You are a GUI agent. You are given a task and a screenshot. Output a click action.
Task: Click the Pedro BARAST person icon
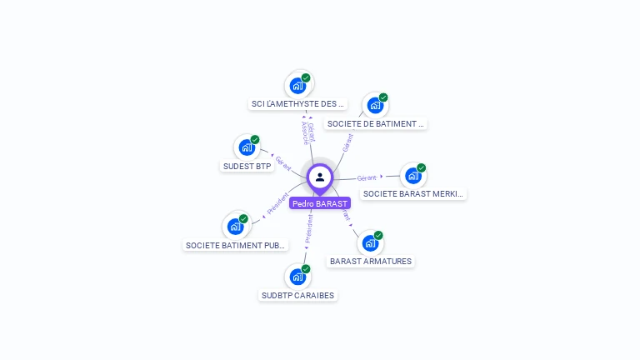[x=320, y=177]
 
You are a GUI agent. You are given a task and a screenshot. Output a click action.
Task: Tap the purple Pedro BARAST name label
[x=320, y=203]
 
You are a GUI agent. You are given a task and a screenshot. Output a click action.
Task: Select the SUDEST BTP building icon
[x=247, y=147]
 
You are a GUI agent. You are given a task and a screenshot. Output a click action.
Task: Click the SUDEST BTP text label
[x=247, y=167]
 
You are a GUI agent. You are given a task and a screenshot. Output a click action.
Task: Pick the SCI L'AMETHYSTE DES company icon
[x=297, y=85]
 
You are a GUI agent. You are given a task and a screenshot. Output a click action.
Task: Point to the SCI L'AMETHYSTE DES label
[x=297, y=104]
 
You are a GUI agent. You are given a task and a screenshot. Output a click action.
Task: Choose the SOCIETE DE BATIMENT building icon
[x=375, y=105]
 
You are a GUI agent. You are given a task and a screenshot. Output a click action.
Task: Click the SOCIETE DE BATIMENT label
[x=376, y=124]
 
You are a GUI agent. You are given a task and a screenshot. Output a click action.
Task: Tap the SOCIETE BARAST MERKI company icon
[x=413, y=176]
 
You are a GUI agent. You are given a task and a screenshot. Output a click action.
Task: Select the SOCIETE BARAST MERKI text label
[x=413, y=194]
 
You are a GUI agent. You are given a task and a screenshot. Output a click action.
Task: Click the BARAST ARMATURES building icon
[x=370, y=243]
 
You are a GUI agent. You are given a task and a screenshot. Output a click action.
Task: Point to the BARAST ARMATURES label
[x=371, y=262]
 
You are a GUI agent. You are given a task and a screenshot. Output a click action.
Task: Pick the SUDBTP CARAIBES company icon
[x=297, y=277]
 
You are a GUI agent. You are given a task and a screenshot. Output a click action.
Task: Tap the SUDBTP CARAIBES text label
[x=297, y=296]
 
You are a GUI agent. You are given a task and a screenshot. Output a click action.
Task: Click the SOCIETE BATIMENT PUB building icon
[x=236, y=226]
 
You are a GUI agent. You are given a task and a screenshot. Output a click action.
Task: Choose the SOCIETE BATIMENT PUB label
[x=236, y=246]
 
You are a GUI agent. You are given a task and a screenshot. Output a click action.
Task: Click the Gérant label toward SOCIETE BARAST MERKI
[x=367, y=177]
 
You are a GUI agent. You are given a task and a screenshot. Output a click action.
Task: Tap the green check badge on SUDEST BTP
[x=255, y=140]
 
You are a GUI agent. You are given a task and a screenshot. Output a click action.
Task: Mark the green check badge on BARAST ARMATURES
[x=378, y=236]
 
